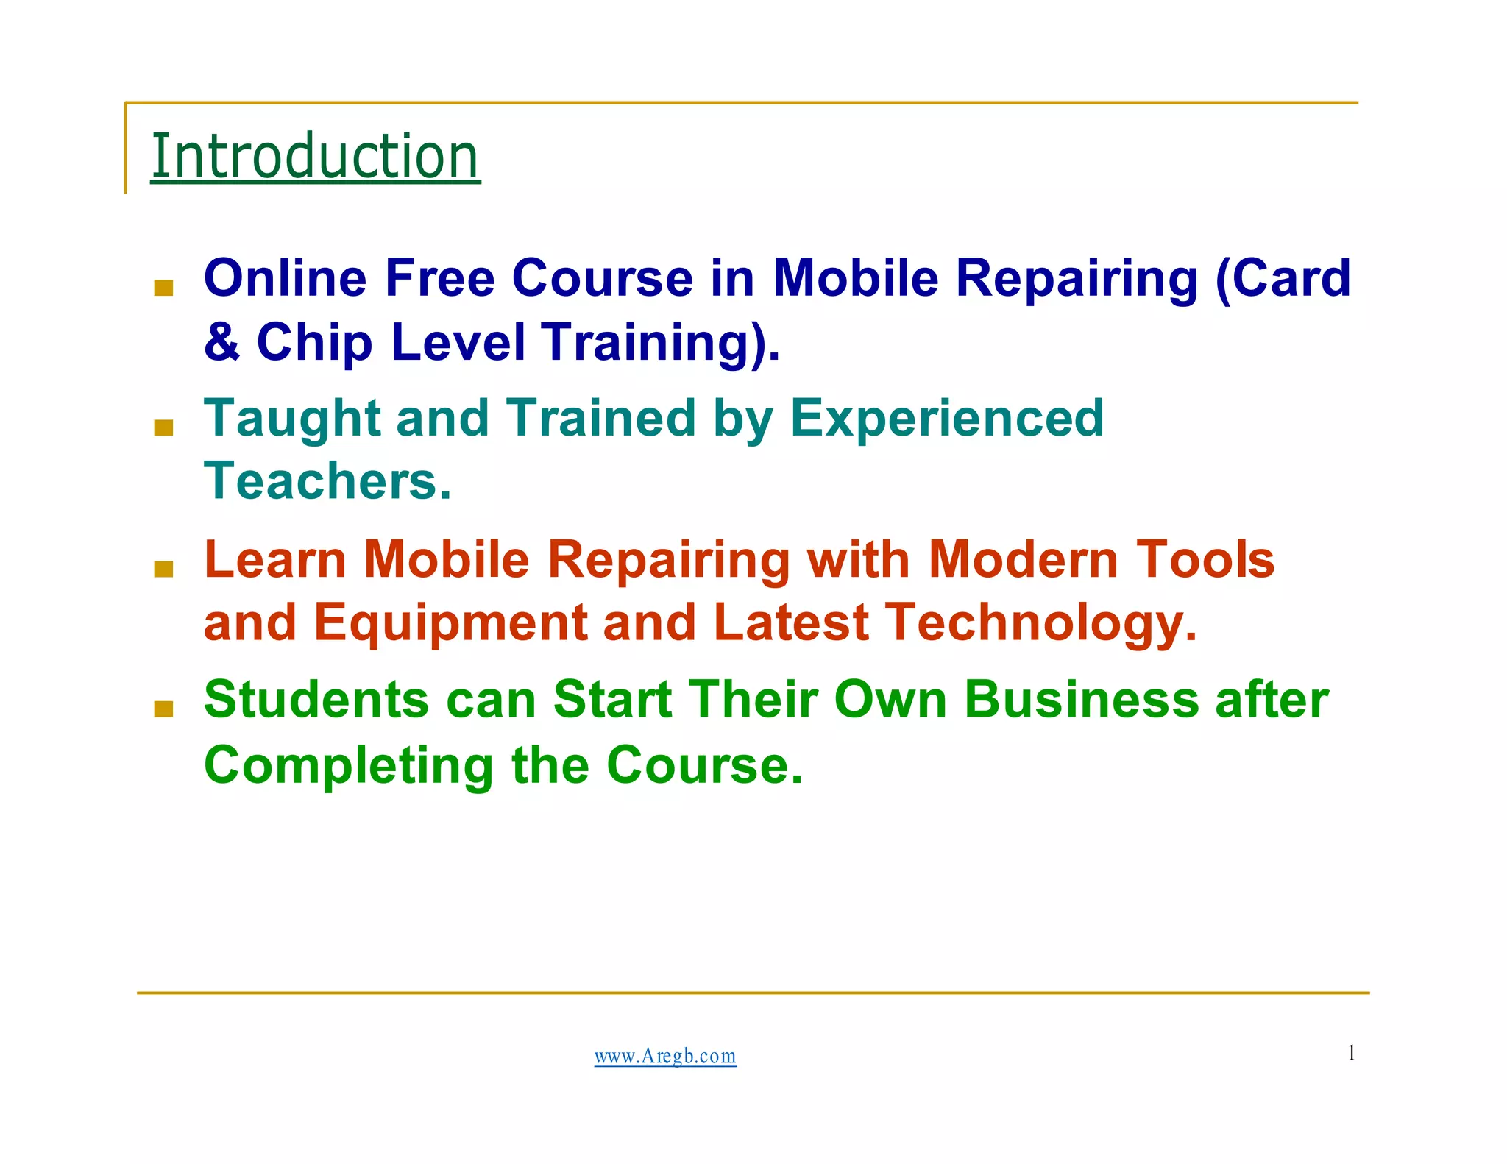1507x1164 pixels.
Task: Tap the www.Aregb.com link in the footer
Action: (x=665, y=1056)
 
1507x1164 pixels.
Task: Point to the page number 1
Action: (x=1351, y=1053)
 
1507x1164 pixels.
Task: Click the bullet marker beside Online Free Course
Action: (x=163, y=287)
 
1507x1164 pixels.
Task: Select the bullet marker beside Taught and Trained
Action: (x=163, y=427)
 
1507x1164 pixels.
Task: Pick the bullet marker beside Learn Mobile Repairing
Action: (x=163, y=568)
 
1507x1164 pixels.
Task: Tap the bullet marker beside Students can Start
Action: (x=163, y=709)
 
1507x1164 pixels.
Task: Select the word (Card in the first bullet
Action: (x=1283, y=278)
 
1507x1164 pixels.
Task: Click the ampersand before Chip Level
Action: (x=221, y=342)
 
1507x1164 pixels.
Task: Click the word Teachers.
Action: (x=327, y=481)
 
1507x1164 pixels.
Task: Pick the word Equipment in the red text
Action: (x=450, y=623)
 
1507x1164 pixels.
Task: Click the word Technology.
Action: (x=1040, y=623)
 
